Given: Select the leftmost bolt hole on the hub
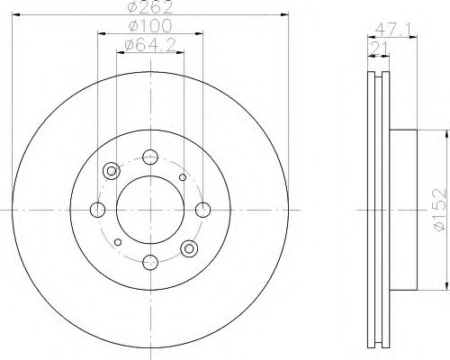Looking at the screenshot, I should coord(98,210).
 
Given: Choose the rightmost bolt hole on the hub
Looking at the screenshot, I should coord(202,210).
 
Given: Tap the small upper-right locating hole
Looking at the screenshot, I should coord(183,177).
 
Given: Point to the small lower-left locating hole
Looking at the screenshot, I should coord(118,242).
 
